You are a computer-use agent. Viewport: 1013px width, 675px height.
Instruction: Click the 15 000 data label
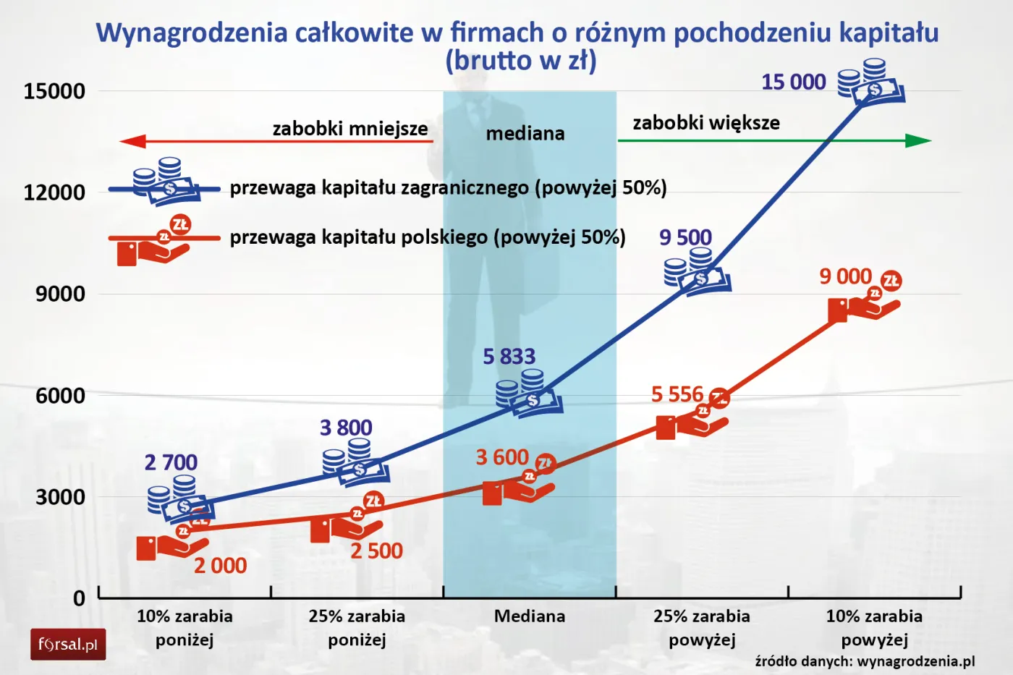[x=793, y=82]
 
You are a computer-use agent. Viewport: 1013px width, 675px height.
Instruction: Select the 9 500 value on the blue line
[x=685, y=237]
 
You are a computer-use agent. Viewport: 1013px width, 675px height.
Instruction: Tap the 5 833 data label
[x=509, y=357]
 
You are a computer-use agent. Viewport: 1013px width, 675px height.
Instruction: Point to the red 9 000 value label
[x=845, y=276]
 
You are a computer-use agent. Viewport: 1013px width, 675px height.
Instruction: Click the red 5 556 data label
[x=677, y=394]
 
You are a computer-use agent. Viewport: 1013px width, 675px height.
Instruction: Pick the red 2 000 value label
[x=220, y=566]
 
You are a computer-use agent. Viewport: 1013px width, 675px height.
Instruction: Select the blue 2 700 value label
[x=171, y=462]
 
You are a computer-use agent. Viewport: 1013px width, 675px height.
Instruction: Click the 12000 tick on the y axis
[x=54, y=192]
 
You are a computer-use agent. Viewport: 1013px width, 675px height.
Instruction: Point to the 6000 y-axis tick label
[x=60, y=396]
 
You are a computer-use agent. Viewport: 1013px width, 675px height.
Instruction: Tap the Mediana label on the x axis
[x=530, y=616]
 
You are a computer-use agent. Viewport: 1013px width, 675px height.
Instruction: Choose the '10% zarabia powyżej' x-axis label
[x=874, y=627]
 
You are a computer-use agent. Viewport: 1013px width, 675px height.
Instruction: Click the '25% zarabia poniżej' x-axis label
[x=357, y=627]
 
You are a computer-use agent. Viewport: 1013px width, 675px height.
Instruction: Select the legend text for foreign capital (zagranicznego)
[x=448, y=188]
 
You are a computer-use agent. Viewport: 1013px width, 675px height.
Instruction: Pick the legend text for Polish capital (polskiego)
[x=428, y=237]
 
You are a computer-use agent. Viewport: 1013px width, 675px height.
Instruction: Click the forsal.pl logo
[x=68, y=645]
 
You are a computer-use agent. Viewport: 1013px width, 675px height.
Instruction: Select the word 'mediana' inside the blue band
[x=525, y=134]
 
